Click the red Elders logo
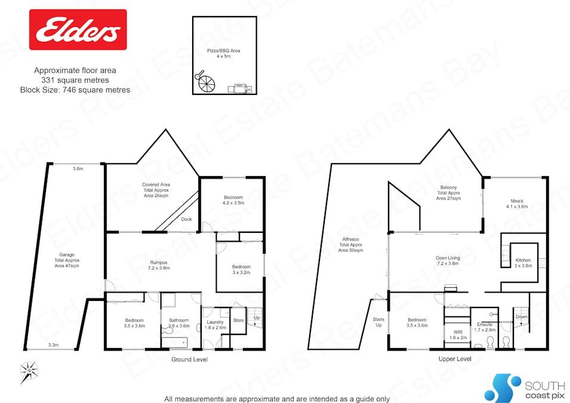(x=78, y=29)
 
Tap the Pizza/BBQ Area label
(x=227, y=54)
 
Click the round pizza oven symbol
(x=205, y=83)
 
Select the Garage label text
(x=66, y=261)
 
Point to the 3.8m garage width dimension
(x=78, y=168)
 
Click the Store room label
(x=238, y=321)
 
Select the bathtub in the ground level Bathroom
(x=174, y=343)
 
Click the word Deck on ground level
(x=186, y=219)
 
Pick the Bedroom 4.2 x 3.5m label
(x=233, y=200)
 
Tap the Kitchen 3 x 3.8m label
(x=523, y=263)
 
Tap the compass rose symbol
(x=29, y=373)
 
